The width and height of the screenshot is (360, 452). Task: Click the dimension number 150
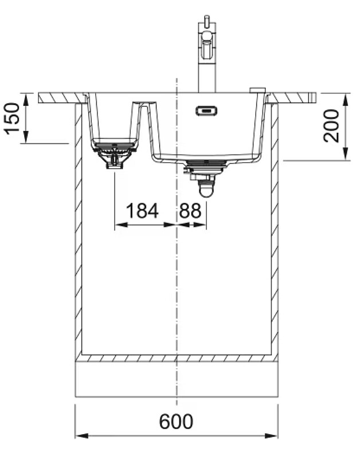[x=12, y=118]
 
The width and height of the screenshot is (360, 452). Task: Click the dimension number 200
[x=331, y=125]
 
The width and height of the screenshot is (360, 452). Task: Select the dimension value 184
[x=142, y=210]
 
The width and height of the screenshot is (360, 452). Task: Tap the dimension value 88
[x=190, y=210]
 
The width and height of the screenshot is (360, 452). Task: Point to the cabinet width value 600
[x=176, y=422]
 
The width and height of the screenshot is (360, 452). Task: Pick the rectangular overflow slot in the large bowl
[x=206, y=111]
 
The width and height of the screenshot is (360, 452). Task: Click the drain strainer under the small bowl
[x=115, y=154]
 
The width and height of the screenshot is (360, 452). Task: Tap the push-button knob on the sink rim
[x=257, y=90]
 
